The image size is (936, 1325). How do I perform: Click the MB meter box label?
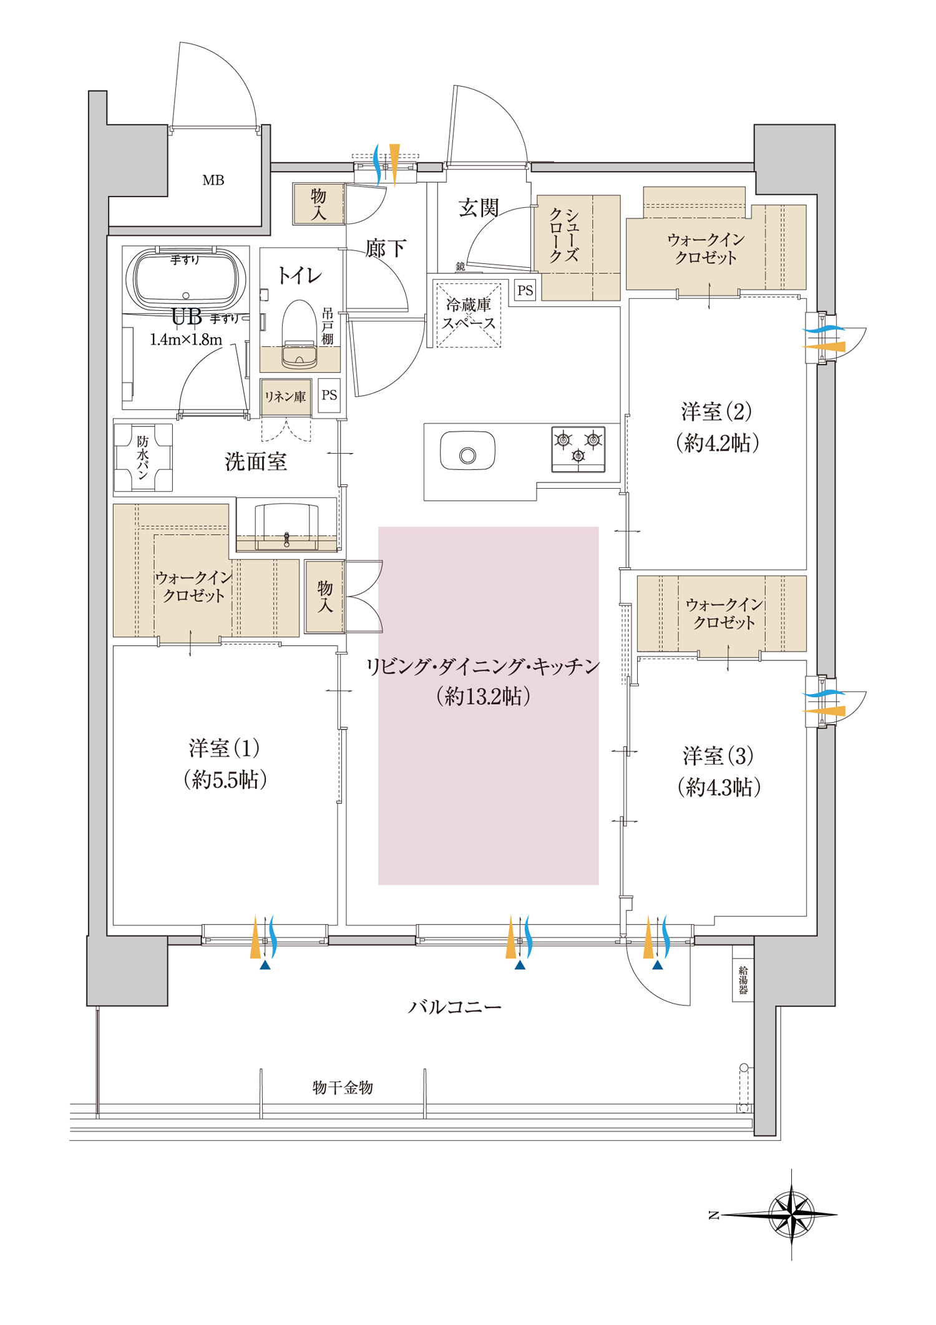[213, 180]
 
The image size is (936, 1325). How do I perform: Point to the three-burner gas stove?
[578, 449]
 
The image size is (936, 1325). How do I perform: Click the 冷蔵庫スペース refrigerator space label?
[469, 314]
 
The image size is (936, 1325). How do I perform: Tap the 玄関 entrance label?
[479, 207]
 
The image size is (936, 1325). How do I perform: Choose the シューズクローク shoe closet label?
[564, 235]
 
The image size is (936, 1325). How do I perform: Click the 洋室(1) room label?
[225, 763]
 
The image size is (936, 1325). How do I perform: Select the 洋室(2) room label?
[717, 427]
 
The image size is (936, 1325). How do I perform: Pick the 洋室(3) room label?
[719, 771]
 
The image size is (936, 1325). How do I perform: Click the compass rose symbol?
[791, 1215]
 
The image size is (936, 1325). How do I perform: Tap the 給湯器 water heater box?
[743, 980]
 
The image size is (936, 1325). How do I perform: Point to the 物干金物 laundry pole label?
[343, 1087]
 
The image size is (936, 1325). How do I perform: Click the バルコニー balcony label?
[455, 1007]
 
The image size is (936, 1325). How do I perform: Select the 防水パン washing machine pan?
[143, 457]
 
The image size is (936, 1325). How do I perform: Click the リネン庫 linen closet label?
[285, 397]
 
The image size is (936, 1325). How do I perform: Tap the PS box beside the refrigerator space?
[525, 290]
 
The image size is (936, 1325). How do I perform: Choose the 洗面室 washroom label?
[256, 461]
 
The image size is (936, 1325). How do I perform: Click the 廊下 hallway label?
[386, 248]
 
